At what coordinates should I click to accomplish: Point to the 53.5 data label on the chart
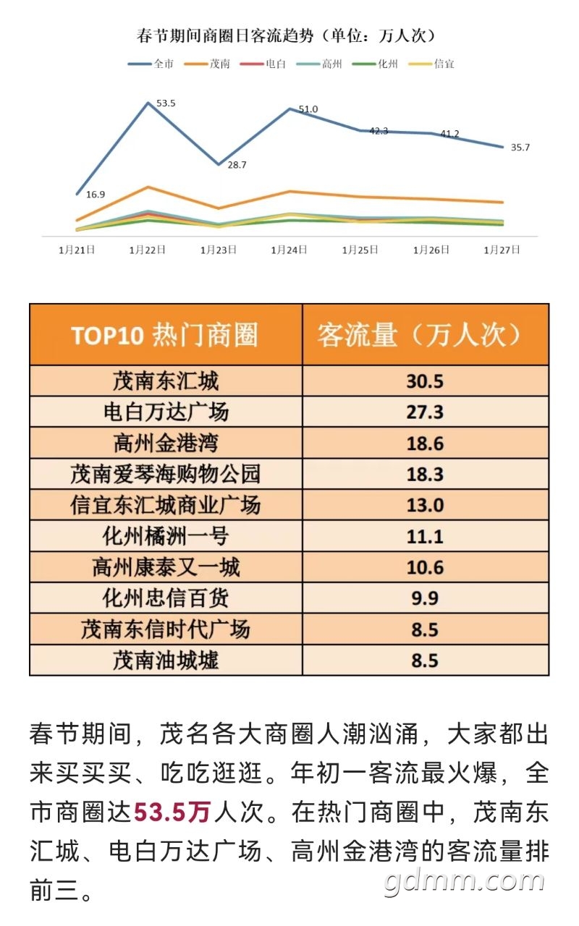(166, 103)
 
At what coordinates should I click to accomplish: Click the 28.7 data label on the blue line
(237, 165)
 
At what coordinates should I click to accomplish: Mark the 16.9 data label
(96, 195)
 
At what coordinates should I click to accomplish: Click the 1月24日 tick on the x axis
(289, 250)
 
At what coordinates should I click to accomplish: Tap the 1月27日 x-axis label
(502, 250)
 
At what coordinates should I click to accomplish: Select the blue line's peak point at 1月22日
(148, 103)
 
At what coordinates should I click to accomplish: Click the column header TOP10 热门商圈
(165, 336)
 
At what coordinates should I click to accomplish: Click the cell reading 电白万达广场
(166, 412)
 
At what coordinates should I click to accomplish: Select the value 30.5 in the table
(425, 381)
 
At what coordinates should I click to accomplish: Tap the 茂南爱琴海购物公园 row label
(166, 475)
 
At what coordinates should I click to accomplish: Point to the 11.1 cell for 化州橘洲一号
(425, 537)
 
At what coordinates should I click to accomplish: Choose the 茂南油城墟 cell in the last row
(166, 660)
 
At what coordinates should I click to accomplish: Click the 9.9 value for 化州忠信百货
(425, 599)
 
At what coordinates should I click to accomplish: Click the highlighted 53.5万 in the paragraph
(172, 812)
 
